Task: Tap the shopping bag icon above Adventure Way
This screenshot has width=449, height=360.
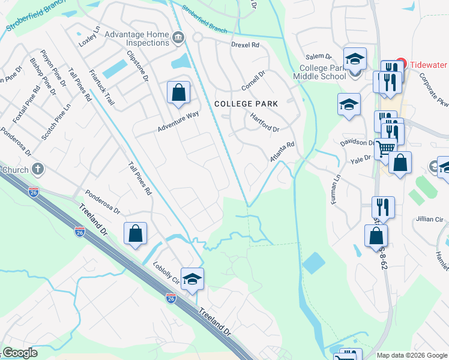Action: pyautogui.click(x=178, y=93)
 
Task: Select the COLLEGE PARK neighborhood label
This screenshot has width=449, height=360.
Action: pyautogui.click(x=246, y=104)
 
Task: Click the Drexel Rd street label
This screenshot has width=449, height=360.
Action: pyautogui.click(x=245, y=45)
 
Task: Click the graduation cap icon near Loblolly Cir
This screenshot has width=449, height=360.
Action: pyautogui.click(x=192, y=280)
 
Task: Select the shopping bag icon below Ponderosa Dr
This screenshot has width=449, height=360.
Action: pyautogui.click(x=136, y=233)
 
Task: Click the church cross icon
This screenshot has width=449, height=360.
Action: pyautogui.click(x=38, y=170)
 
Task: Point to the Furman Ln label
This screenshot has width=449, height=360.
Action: pyautogui.click(x=337, y=190)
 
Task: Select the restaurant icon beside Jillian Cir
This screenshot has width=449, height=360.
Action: pyautogui.click(x=382, y=208)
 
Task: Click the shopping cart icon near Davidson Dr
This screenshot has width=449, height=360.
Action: pyautogui.click(x=386, y=148)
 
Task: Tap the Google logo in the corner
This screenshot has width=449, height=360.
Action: pyautogui.click(x=20, y=353)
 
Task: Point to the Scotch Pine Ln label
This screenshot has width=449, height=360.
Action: pyautogui.click(x=56, y=122)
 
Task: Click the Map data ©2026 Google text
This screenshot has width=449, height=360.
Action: pyautogui.click(x=411, y=355)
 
